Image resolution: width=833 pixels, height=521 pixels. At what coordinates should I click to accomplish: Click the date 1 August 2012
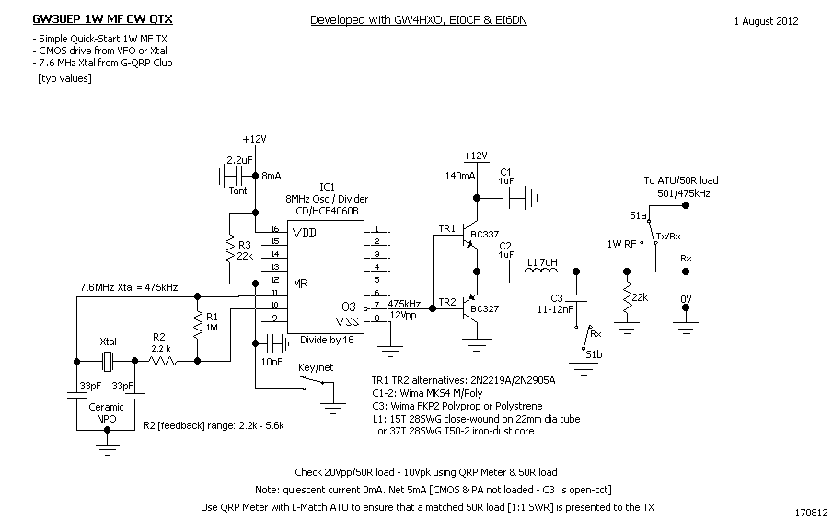click(766, 20)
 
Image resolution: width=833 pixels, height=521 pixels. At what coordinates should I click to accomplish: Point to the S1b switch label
click(594, 354)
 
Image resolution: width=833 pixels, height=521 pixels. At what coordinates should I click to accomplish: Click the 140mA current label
click(459, 175)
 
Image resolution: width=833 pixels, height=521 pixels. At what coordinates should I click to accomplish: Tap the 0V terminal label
click(685, 299)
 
